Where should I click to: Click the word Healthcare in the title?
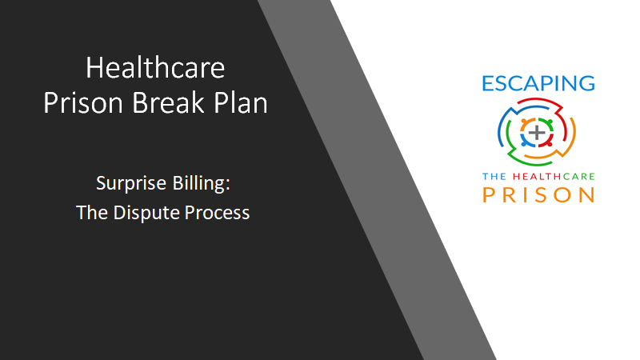pos(155,68)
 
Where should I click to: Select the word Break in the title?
pos(168,102)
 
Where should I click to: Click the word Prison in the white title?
pos(83,102)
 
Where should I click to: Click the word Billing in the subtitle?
pos(198,184)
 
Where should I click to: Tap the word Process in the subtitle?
pos(217,213)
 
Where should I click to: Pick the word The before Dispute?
pos(92,213)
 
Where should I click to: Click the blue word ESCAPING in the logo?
pos(538,83)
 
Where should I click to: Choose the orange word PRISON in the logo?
pos(538,194)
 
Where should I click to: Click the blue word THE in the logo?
pos(494,176)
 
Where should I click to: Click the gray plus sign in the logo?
pos(537,133)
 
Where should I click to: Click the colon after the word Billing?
pos(227,185)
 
